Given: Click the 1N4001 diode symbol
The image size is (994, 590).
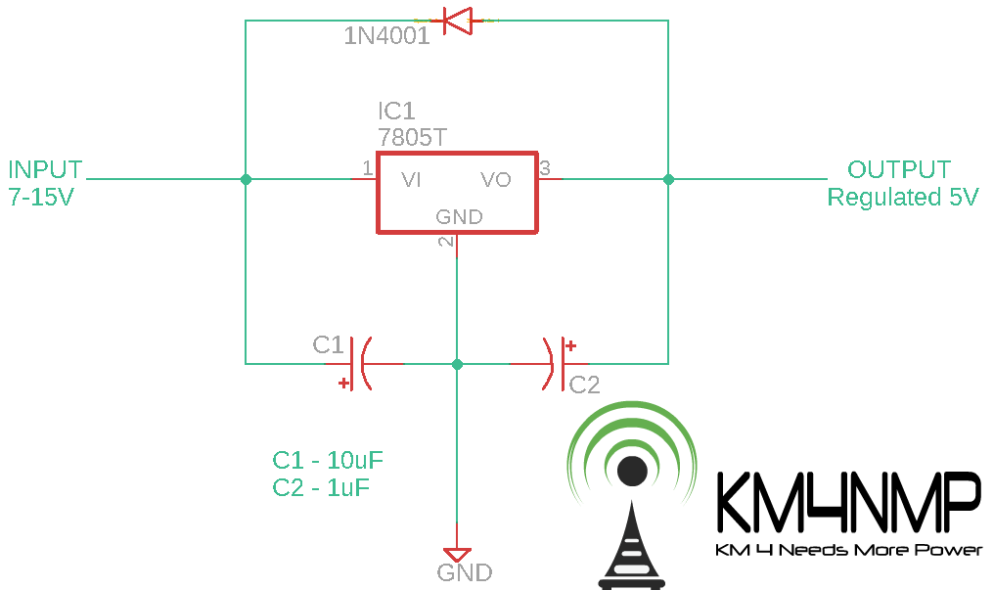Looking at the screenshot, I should pos(457,20).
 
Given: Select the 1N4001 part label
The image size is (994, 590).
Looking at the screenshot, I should pos(386,38).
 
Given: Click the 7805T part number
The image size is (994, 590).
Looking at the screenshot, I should pos(413,137).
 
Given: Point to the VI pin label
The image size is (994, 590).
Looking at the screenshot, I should pos(411,180).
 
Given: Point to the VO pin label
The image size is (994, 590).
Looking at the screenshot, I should pos(495,180).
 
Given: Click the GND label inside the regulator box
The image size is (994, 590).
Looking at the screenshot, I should pos(459,217).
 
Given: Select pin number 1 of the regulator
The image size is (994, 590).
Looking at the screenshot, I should pos(367,168).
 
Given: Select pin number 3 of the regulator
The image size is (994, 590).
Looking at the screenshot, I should pos(545,167).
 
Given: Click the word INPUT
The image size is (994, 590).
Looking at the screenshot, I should pos(45,169).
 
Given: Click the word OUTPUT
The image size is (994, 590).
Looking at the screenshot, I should pos(898,169).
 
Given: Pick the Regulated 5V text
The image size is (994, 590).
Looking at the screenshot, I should pos(902,197).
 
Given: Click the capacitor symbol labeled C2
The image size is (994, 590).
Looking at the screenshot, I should pos(552,364).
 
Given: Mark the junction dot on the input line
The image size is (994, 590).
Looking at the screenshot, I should pos(246,180).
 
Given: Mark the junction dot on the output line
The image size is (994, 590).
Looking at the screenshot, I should pos(668,180).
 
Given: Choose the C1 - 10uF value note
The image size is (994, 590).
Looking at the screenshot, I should pos(327,460).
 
